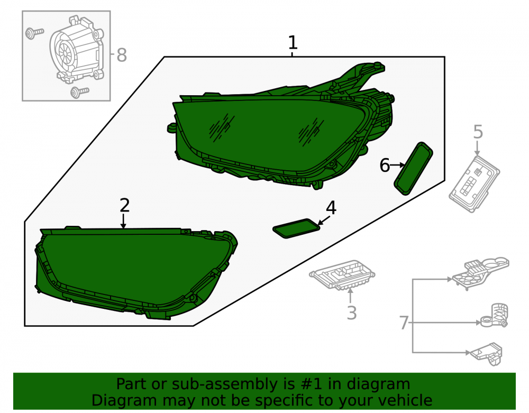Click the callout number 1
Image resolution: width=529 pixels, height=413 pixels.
(293, 43)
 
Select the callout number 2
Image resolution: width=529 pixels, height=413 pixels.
(124, 205)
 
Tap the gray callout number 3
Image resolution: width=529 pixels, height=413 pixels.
(352, 313)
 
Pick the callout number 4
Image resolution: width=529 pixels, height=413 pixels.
(331, 208)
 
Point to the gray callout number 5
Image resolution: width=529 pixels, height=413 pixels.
(478, 132)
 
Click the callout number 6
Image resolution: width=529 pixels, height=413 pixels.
(385, 166)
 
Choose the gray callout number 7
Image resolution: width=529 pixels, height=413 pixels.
(404, 323)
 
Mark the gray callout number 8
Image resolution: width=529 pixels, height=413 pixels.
(122, 56)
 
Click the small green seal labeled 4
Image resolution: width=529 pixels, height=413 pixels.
(296, 228)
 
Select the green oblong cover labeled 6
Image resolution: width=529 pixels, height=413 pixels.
(413, 168)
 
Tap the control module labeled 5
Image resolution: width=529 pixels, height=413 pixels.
(475, 184)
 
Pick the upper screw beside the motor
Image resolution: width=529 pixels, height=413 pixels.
(34, 33)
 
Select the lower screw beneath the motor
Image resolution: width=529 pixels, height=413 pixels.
(80, 91)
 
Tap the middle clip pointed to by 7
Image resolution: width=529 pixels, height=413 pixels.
(495, 316)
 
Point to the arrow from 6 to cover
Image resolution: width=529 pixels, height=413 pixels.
(397, 165)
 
